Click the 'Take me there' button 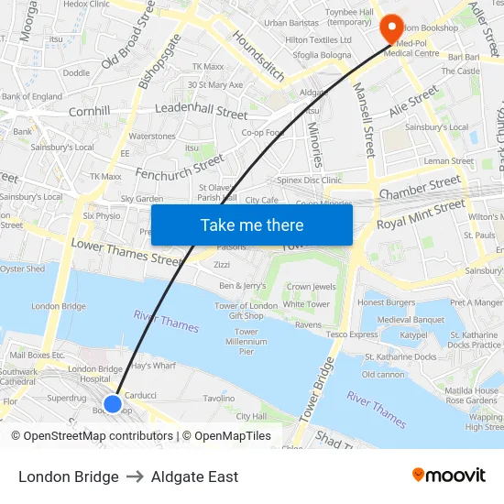tap(252, 225)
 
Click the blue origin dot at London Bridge tap(113, 403)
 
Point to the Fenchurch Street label tap(180, 167)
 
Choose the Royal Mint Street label tap(421, 214)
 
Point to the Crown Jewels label tap(311, 287)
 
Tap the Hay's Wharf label tap(153, 365)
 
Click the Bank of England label tap(32, 96)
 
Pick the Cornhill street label tap(89, 111)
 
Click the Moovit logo tap(449, 476)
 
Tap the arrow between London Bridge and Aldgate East tap(135, 477)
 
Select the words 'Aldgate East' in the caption tap(194, 477)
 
